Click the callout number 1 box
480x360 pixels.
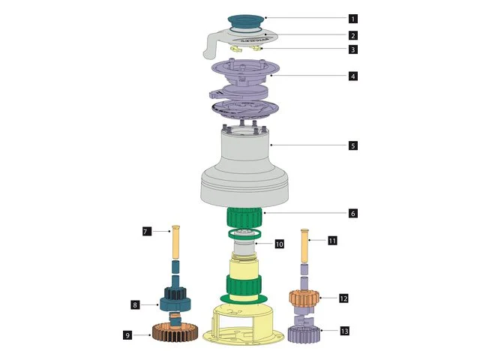pos(353,19)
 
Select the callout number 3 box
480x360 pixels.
pos(353,49)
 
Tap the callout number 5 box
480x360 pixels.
pos(353,145)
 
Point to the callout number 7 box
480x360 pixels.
pos(147,232)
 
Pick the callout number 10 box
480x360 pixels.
pos(279,244)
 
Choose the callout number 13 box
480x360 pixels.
pos(345,331)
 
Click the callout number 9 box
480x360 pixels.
pos(127,335)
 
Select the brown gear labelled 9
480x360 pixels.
pos(175,332)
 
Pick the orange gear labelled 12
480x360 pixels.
pos(304,298)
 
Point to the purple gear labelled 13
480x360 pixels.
pos(304,334)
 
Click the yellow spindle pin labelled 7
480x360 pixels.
pos(175,241)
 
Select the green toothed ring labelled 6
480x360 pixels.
pos(244,217)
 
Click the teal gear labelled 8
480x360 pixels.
pos(175,300)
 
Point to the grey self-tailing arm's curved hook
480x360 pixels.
pos(210,46)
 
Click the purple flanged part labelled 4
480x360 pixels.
pos(245,72)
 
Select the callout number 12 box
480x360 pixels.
pos(343,298)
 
